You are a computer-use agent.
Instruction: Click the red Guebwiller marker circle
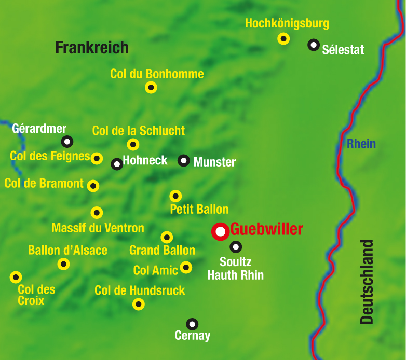coord(221,231)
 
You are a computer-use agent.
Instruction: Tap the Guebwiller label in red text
coord(266,229)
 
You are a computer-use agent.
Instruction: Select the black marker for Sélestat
coord(314,45)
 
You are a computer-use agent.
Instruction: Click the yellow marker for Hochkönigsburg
coord(283,38)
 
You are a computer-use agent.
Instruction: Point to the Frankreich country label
coord(92,48)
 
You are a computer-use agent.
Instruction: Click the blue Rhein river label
coord(361,144)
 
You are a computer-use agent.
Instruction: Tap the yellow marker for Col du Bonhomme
coord(151,87)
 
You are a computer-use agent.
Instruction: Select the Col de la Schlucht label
coord(139,131)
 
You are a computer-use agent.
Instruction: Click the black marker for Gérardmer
coord(67,141)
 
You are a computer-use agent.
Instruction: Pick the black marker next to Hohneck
coord(117,164)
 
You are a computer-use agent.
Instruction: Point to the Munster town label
coord(214,162)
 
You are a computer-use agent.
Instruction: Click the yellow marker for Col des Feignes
coord(97,158)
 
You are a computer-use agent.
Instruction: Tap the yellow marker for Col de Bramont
coord(93,186)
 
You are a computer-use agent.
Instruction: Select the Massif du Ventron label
coord(98,228)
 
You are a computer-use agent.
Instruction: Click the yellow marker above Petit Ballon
coord(176,196)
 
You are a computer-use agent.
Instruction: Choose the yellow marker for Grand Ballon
coord(167,237)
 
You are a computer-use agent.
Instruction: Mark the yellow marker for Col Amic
coord(186,268)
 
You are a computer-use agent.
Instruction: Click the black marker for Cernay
coord(192,324)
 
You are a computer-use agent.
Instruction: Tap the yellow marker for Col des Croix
coord(16,277)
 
